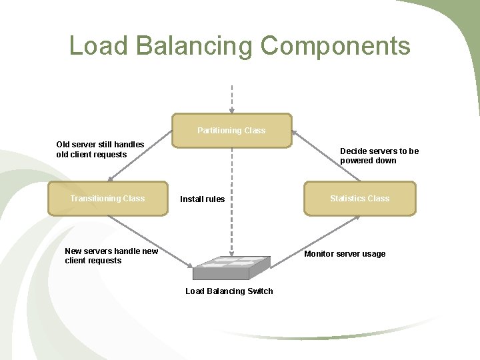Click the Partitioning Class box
231,131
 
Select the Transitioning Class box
107,199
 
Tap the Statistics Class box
359,199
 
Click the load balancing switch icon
231,267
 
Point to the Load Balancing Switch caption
229,291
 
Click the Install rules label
202,199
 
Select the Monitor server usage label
345,254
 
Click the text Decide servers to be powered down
379,156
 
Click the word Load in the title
99,46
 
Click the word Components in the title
335,46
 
